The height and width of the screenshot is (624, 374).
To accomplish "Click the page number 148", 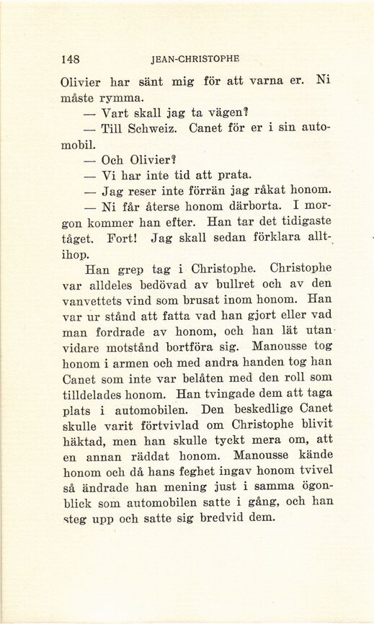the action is [70, 58].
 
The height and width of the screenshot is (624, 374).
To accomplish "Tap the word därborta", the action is [241, 207].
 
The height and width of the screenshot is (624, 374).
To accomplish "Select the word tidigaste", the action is [294, 223].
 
